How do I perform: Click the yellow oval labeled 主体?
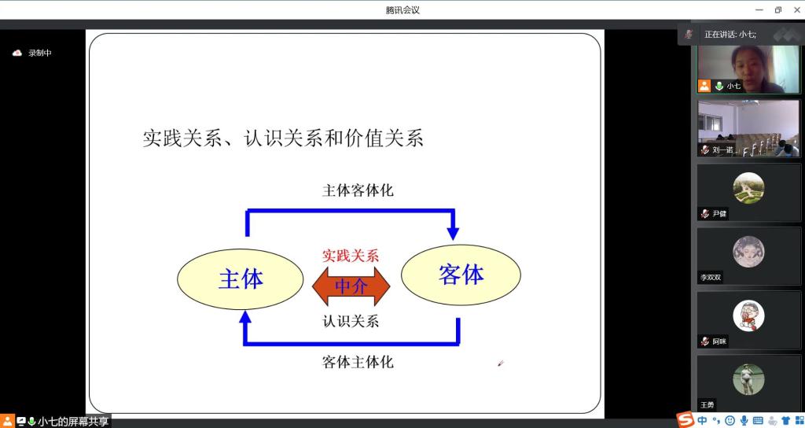[x=241, y=279]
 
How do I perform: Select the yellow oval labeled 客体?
[x=461, y=275]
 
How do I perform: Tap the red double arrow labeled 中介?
[x=351, y=286]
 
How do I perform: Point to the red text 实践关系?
[x=351, y=256]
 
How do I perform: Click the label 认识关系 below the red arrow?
[x=351, y=321]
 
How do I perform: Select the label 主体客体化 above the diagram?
[x=358, y=190]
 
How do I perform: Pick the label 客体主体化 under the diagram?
[x=358, y=362]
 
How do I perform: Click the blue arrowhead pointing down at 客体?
[x=453, y=233]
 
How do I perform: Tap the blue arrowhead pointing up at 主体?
[x=245, y=318]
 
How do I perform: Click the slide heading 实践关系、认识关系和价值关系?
[x=283, y=138]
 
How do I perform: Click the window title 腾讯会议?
[x=402, y=9]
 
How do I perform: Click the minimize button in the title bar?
[x=759, y=9]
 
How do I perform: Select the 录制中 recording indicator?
[x=31, y=53]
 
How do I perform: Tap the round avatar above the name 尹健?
[x=748, y=188]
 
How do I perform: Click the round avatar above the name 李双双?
[x=748, y=252]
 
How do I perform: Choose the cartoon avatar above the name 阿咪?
[x=748, y=315]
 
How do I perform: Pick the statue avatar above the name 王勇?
[x=748, y=379]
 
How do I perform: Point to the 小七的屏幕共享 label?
[x=73, y=422]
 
